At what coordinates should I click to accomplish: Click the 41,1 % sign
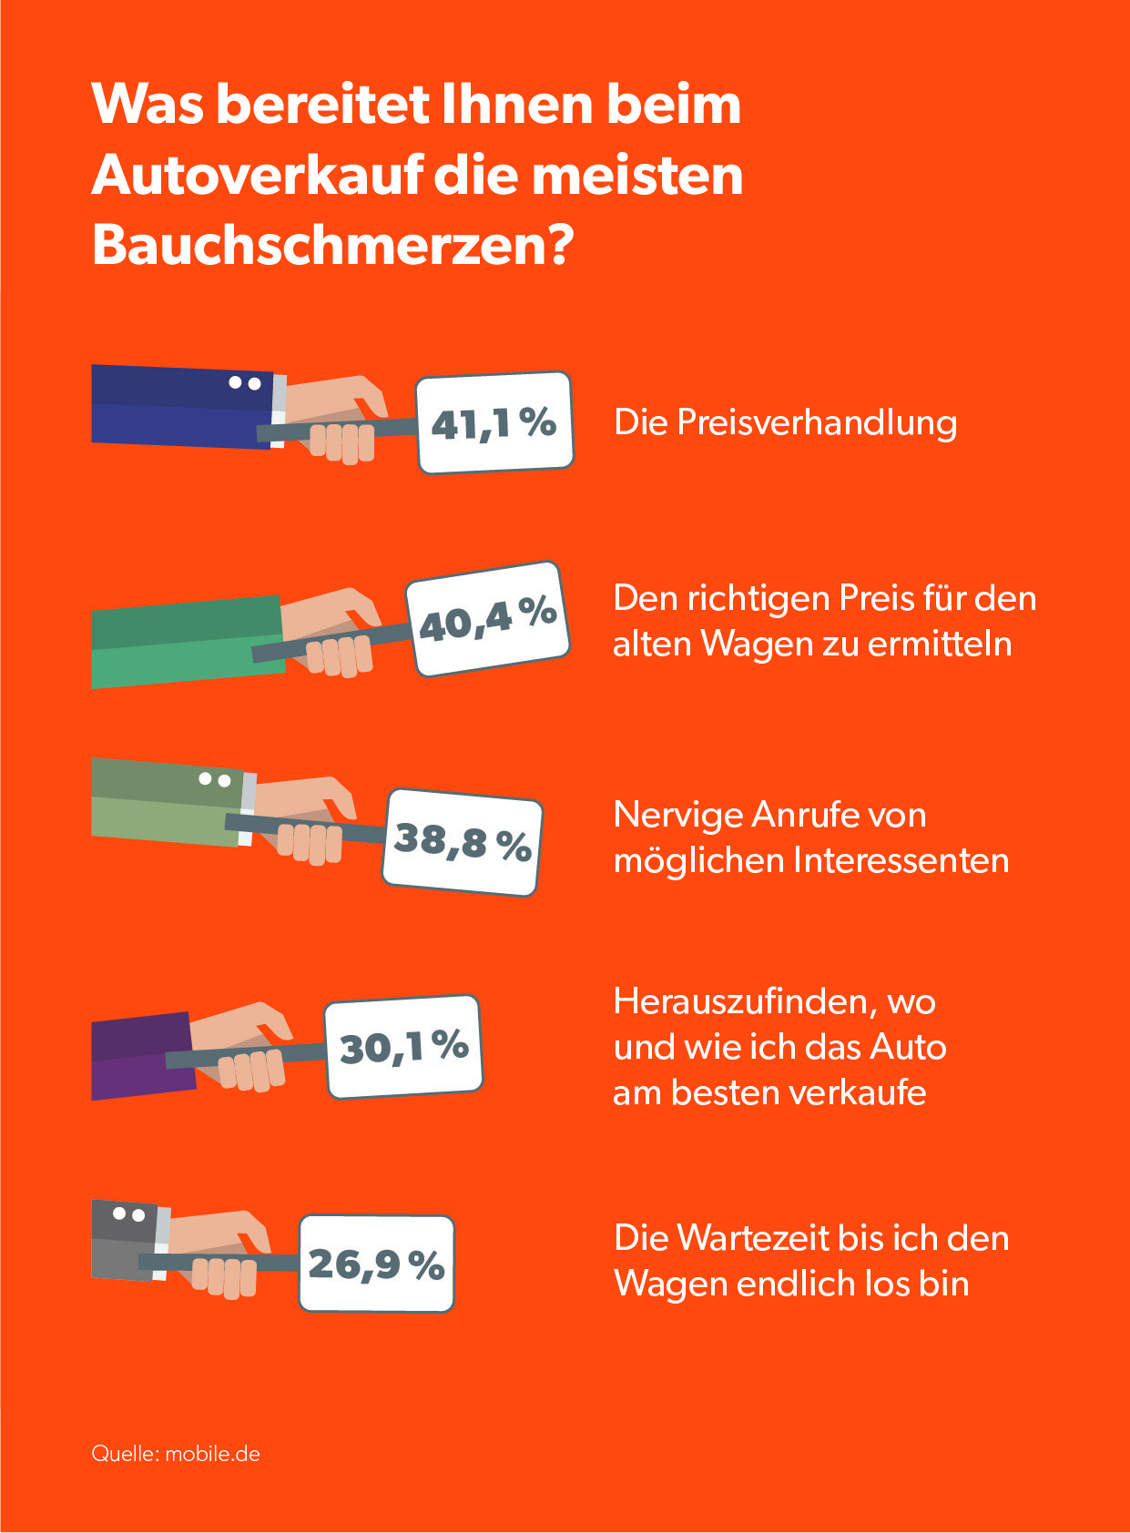pyautogui.click(x=494, y=422)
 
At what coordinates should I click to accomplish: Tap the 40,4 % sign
pyautogui.click(x=487, y=619)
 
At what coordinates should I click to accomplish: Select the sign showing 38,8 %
pyautogui.click(x=462, y=842)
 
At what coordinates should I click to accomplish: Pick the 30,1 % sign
pyautogui.click(x=403, y=1046)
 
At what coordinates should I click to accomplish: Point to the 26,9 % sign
pyautogui.click(x=376, y=1264)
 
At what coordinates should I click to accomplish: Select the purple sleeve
pyautogui.click(x=141, y=1056)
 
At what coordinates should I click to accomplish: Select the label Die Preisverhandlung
pyautogui.click(x=785, y=422)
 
